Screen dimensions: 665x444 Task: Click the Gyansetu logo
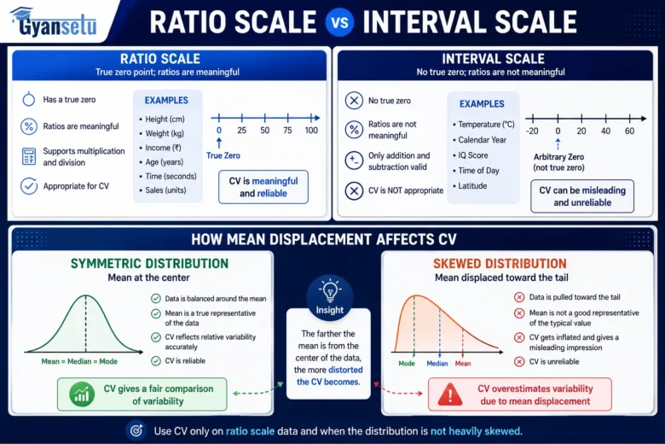(x=54, y=21)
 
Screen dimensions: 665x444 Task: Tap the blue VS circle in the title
(x=339, y=22)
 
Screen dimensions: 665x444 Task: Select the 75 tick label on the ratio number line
(x=287, y=131)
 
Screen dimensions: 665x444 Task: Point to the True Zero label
(x=223, y=155)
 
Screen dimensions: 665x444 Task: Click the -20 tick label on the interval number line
(x=532, y=131)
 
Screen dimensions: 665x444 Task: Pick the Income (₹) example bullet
(x=160, y=148)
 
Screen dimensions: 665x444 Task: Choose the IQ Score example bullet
(x=471, y=155)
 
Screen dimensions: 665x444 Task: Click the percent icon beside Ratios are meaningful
(x=29, y=126)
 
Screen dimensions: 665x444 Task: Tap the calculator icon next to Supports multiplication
(x=29, y=156)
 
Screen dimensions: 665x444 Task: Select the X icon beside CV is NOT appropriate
(x=354, y=190)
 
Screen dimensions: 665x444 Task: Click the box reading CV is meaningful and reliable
(x=263, y=187)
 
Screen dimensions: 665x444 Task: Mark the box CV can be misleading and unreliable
(x=582, y=196)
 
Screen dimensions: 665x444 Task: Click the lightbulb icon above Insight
(x=330, y=290)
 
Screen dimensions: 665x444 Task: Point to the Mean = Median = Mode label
(x=79, y=361)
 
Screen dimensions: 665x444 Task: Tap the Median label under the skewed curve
(x=437, y=363)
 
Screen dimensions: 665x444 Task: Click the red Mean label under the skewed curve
(x=463, y=363)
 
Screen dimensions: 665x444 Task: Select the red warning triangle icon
(x=450, y=394)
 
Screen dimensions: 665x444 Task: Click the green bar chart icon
(x=82, y=394)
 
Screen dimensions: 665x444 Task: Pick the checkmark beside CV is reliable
(x=156, y=360)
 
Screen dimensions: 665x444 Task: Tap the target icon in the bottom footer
(x=136, y=430)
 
